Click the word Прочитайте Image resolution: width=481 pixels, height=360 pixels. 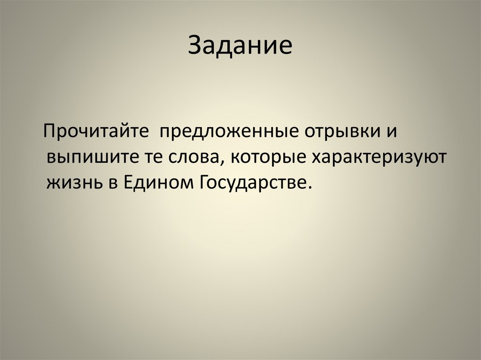click(x=96, y=132)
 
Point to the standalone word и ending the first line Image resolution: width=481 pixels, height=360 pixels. click(x=393, y=132)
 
